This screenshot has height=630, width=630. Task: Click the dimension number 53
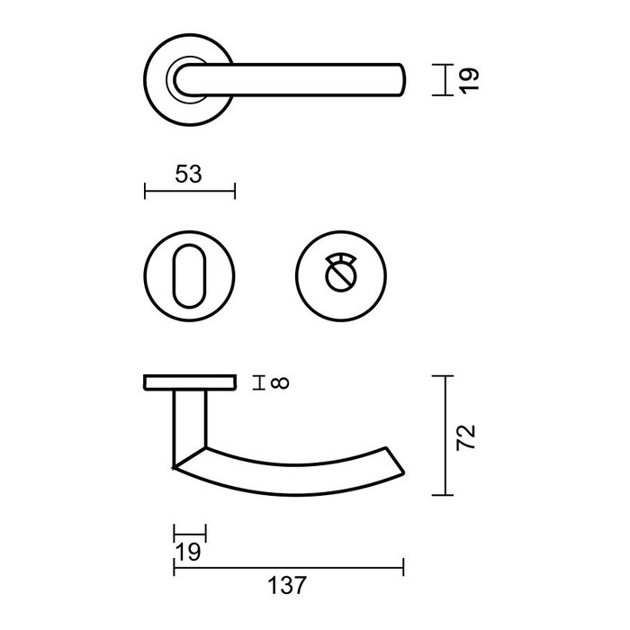[188, 174]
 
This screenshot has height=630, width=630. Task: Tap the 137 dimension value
[288, 586]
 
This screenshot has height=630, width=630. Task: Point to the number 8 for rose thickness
[280, 384]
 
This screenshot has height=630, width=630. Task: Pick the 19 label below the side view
[189, 551]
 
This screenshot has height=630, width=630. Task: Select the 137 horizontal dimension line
[288, 567]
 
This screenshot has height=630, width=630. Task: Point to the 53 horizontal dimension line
[189, 190]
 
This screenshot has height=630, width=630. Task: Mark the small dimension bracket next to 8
[260, 384]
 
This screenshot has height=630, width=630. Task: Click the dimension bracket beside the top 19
[444, 79]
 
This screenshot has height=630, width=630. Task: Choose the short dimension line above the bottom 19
[189, 533]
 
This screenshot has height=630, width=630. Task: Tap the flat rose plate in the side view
[189, 384]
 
